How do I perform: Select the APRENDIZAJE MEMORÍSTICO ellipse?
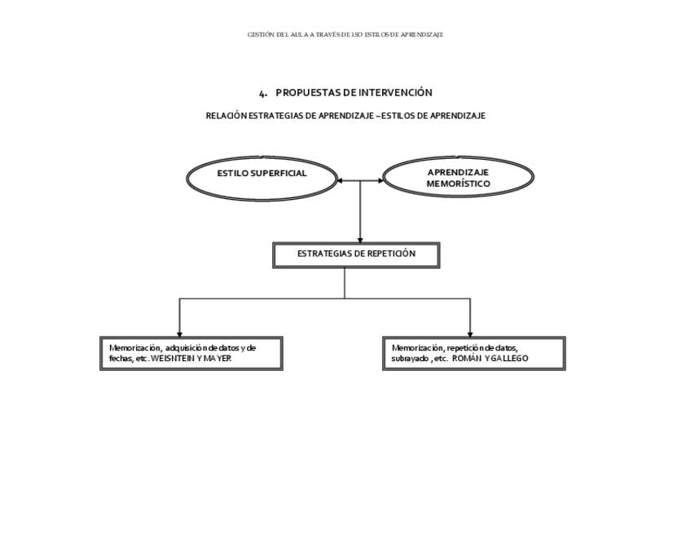[458, 178]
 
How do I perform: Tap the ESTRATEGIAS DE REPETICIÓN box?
[356, 254]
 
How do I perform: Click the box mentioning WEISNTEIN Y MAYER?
[191, 353]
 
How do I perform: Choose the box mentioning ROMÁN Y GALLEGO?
[473, 353]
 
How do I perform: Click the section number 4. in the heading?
[263, 93]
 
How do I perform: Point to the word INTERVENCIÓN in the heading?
[395, 93]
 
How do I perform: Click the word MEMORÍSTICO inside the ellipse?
[458, 184]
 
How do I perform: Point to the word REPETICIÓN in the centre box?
[391, 254]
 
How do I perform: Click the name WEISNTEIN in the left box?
[173, 359]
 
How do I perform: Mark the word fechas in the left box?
[121, 359]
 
